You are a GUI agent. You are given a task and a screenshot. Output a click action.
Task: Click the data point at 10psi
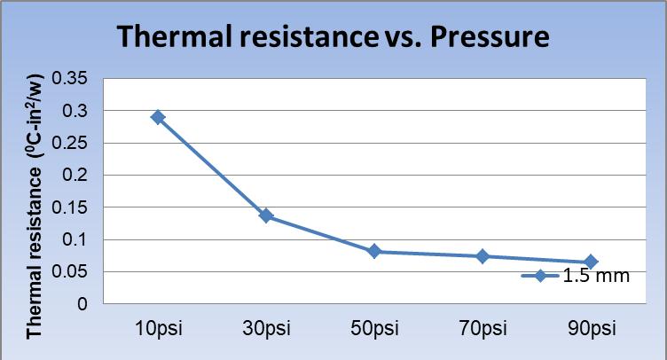(x=158, y=117)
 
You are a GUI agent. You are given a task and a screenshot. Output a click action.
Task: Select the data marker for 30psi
(x=266, y=216)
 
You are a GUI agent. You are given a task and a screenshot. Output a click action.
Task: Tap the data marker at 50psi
(x=374, y=252)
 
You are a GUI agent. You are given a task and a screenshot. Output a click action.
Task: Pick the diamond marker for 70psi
(x=483, y=256)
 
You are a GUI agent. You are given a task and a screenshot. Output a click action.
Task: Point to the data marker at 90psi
(x=591, y=262)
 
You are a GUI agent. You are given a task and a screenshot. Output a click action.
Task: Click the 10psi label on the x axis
(x=158, y=329)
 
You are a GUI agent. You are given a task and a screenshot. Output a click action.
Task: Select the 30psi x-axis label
(x=266, y=329)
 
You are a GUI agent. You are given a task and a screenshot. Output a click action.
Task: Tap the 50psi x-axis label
(x=374, y=329)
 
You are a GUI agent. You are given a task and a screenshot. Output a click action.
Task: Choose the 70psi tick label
(x=483, y=329)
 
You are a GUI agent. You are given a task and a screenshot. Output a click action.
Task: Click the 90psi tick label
(x=591, y=329)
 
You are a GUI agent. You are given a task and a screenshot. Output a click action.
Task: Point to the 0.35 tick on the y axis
(x=70, y=79)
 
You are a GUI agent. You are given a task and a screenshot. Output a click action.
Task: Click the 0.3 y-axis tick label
(x=76, y=111)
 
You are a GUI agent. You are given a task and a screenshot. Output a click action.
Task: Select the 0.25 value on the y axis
(x=70, y=144)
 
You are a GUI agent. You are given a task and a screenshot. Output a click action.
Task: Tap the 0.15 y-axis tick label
(x=70, y=207)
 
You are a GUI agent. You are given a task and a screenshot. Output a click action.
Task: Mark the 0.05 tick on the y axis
(x=70, y=272)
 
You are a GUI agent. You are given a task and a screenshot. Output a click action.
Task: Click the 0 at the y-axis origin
(x=82, y=304)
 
